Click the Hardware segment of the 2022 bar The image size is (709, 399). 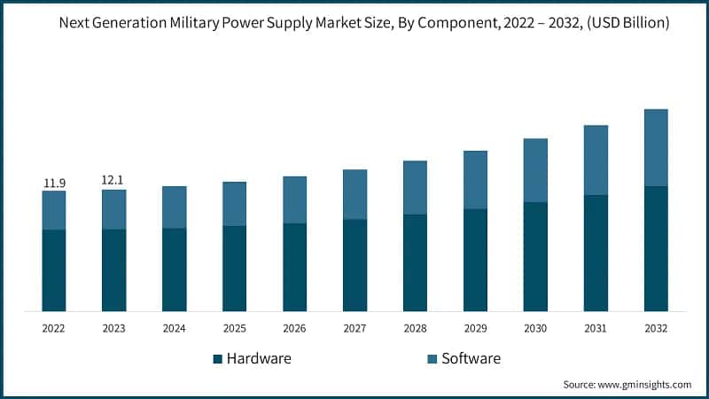coord(54,270)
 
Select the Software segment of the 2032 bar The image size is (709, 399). coord(656,147)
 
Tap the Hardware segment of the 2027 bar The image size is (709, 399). coord(354,265)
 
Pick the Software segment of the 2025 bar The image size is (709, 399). coord(234,204)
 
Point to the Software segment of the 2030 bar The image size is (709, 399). coord(535,170)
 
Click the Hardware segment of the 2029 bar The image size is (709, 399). coord(475,260)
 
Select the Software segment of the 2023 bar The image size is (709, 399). coord(113,209)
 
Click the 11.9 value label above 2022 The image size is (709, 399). coord(54,184)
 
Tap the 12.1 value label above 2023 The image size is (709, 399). coord(113,180)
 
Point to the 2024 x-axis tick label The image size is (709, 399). coord(174,328)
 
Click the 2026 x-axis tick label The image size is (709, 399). coord(294,328)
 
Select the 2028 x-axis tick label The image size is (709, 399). coord(415,328)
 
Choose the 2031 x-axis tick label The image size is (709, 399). coord(596,328)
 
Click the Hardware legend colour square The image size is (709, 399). coord(217,359)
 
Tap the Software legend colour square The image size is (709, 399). coord(432,359)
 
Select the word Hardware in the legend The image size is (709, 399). coord(259,359)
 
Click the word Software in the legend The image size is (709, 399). coord(471,359)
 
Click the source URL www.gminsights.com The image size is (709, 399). coord(643,385)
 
